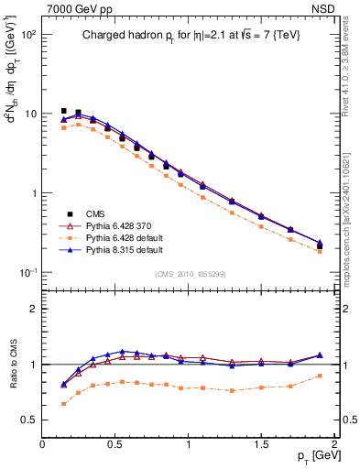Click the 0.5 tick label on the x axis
[x=115, y=442]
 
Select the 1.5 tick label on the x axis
[x=261, y=442]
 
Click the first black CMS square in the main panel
[x=63, y=111]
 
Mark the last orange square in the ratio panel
[x=320, y=376]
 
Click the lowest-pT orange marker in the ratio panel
[x=63, y=403]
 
